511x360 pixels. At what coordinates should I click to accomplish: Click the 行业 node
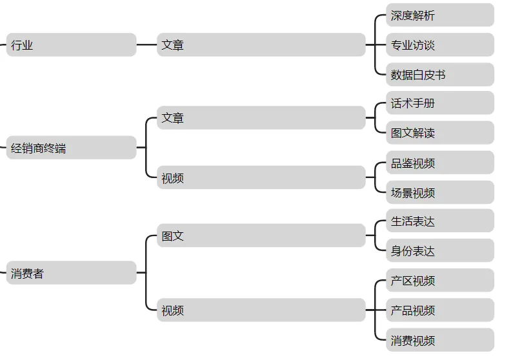pos(71,45)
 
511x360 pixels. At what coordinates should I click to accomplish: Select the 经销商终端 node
pos(71,148)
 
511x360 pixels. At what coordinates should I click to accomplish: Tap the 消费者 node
pos(71,273)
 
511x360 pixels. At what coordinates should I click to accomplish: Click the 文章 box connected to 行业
pos(261,45)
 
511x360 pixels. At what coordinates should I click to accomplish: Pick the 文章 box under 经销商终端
pos(261,118)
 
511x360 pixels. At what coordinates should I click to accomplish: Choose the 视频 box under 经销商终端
pos(261,177)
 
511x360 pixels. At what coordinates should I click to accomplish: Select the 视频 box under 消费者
pos(261,310)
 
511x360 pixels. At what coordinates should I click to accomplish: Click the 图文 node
pos(261,235)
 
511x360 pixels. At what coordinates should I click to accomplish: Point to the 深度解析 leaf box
pos(440,15)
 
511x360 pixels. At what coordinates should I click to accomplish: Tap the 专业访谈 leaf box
pos(440,45)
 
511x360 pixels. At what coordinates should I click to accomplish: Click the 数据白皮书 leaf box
pos(440,75)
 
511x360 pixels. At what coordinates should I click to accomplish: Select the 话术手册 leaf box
pos(440,103)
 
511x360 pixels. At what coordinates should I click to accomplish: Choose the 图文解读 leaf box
pos(440,133)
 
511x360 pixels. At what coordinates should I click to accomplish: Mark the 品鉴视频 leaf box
pos(440,163)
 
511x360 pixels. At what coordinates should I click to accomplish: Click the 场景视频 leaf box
pos(440,193)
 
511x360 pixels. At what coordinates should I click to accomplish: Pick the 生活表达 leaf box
pos(440,221)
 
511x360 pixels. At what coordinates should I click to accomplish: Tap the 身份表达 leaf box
pos(440,251)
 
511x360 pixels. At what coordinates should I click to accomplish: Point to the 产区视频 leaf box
pos(440,281)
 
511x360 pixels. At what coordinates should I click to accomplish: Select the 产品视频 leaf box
pos(440,310)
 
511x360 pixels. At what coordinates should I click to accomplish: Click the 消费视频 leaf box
pos(440,340)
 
